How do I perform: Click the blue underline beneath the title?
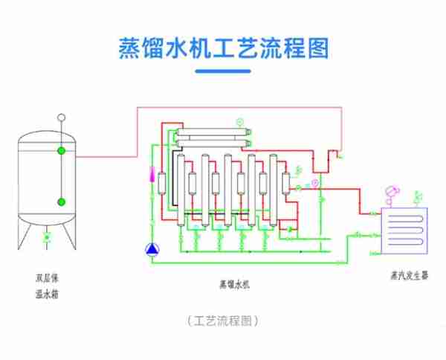223,71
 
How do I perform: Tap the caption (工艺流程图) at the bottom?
223,321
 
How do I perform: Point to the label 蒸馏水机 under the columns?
236,283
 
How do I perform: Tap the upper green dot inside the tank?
61,151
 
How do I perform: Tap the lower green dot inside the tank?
61,201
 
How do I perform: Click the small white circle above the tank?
61,117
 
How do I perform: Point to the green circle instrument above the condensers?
239,121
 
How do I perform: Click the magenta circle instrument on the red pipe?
314,182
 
